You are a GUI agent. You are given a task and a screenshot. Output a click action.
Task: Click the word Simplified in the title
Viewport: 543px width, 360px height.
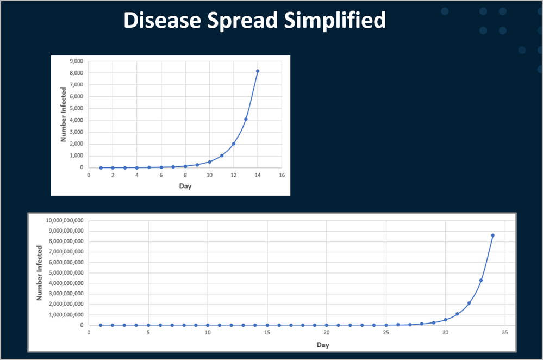(334, 21)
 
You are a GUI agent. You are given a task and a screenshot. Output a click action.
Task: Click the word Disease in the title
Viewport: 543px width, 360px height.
(163, 20)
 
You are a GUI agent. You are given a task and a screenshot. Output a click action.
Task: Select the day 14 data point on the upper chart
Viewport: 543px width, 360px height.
(258, 71)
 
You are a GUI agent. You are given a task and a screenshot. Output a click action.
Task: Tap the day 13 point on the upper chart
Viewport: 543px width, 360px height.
(246, 119)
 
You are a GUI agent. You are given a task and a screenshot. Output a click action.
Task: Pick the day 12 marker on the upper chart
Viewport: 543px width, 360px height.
(234, 144)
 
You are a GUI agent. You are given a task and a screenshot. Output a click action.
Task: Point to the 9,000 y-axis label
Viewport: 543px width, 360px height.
(77, 61)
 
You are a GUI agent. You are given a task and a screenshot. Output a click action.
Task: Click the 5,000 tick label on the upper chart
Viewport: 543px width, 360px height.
(77, 108)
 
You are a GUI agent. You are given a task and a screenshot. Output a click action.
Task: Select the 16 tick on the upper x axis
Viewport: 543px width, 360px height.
(282, 175)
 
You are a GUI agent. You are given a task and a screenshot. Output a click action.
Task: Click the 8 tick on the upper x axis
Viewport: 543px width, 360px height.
(185, 175)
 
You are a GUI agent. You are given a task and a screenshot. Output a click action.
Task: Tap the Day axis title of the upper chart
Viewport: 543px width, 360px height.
(185, 186)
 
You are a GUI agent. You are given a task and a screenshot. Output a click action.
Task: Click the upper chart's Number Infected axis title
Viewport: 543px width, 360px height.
(63, 114)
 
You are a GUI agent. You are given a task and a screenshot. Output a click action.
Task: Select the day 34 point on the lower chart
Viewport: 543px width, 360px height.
(493, 235)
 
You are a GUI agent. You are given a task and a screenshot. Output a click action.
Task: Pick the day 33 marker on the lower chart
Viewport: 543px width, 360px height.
(481, 280)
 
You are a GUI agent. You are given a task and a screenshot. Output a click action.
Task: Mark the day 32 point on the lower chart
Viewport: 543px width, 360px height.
(469, 303)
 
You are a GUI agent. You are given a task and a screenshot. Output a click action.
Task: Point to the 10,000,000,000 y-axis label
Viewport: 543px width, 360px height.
(65, 220)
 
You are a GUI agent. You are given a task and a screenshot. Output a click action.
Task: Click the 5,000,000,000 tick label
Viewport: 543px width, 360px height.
(66, 272)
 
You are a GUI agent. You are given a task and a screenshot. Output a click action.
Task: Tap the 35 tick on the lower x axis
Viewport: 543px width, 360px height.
(505, 333)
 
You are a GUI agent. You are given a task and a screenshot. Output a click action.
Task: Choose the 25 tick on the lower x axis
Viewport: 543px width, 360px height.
(386, 333)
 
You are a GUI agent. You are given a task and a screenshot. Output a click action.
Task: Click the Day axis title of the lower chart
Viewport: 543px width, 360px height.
(323, 345)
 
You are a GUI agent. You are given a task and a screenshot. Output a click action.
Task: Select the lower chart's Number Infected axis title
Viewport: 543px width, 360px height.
(39, 273)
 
